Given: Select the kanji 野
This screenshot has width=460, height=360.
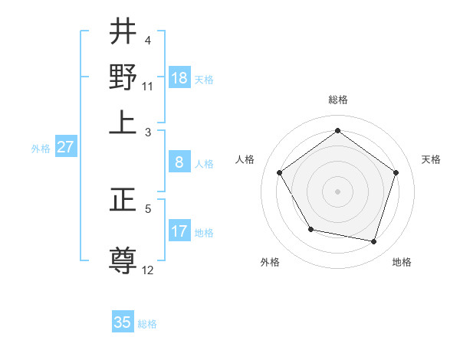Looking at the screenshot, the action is pyautogui.click(x=123, y=77).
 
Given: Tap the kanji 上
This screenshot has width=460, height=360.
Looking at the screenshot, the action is pyautogui.click(x=123, y=122).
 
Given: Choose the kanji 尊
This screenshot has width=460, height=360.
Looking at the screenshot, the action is pyautogui.click(x=123, y=260).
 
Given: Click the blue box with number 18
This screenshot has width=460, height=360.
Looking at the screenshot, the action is pyautogui.click(x=179, y=78).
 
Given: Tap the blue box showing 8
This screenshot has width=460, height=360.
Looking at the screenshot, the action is pyautogui.click(x=179, y=162).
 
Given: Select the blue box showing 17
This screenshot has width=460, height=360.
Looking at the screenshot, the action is pyautogui.click(x=179, y=231).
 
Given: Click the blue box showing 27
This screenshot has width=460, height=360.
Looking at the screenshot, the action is pyautogui.click(x=65, y=147).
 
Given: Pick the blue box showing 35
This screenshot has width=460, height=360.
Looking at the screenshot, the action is pyautogui.click(x=123, y=322).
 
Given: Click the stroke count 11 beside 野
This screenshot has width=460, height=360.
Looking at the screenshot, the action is pyautogui.click(x=148, y=86).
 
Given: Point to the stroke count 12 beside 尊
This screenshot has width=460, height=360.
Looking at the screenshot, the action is pyautogui.click(x=148, y=270).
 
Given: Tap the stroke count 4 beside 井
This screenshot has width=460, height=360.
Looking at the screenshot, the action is pyautogui.click(x=148, y=40).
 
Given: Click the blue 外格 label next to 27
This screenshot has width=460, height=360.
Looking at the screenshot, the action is pyautogui.click(x=41, y=149).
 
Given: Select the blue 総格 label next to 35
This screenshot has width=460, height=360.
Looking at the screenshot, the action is pyautogui.click(x=147, y=324).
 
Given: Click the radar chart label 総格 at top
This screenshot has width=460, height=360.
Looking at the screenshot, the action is pyautogui.click(x=337, y=100).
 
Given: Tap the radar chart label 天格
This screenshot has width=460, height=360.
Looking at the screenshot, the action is pyautogui.click(x=431, y=159).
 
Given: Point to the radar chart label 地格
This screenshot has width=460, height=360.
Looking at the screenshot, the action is pyautogui.click(x=402, y=262).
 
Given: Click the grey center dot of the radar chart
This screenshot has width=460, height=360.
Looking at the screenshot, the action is pyautogui.click(x=337, y=191).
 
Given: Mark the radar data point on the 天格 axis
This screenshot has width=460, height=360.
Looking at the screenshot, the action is pyautogui.click(x=396, y=172).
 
